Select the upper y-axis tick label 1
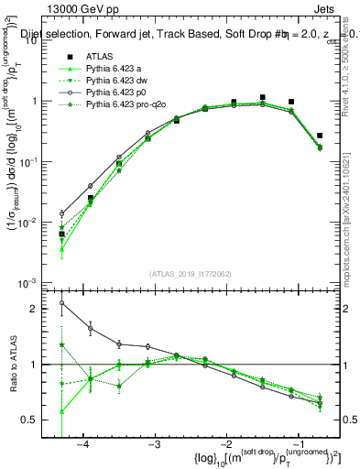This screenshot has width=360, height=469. [39, 102]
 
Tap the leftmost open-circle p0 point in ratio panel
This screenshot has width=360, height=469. [61, 303]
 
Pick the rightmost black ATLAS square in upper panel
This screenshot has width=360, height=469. [320, 136]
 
